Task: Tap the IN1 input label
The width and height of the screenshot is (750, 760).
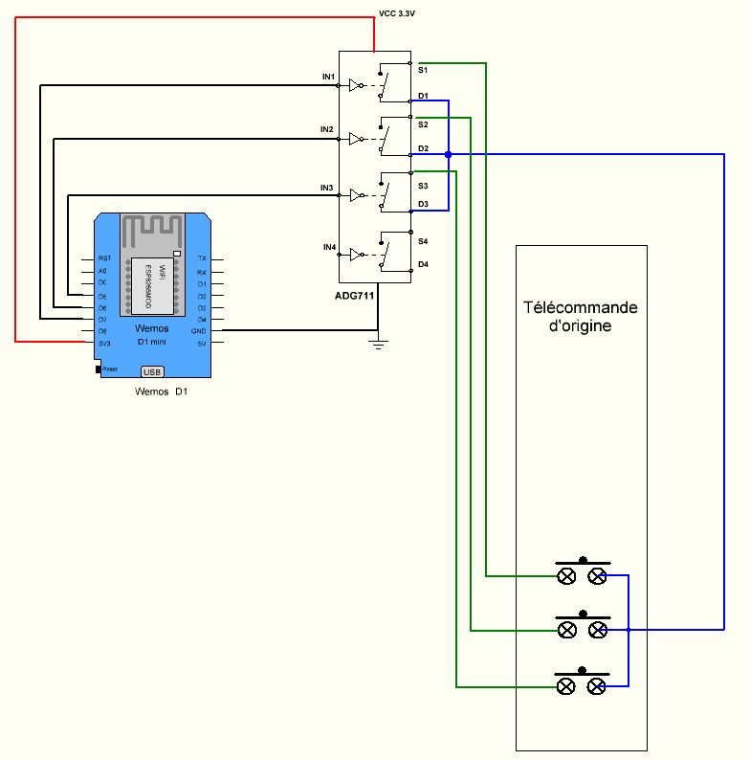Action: coord(328,77)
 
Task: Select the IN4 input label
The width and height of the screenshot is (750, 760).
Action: coord(329,248)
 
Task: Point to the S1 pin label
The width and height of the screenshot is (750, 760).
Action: coord(423,71)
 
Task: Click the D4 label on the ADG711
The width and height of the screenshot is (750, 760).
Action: coord(423,264)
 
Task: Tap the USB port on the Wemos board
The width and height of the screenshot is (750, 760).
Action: coord(152,370)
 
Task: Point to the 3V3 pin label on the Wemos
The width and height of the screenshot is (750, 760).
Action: coord(103,343)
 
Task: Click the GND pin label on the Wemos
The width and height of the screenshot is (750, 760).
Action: coord(199,331)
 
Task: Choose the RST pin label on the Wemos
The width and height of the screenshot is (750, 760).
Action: coord(104,258)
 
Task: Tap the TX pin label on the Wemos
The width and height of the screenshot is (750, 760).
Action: coord(202,258)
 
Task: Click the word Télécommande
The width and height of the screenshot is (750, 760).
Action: coord(580,308)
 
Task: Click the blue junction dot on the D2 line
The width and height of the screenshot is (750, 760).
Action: coord(448,153)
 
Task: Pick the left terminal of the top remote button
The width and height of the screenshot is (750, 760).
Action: coord(566,575)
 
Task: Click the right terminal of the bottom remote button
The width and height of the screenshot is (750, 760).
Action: coord(597,685)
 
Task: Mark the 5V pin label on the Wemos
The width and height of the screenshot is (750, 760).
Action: coord(202,343)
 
